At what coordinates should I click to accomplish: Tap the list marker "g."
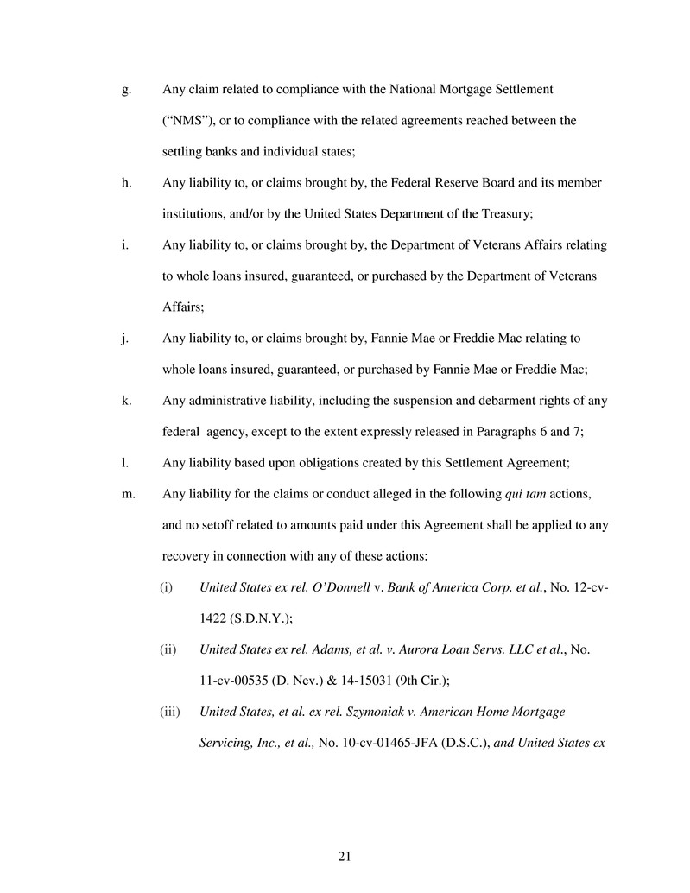pos(126,90)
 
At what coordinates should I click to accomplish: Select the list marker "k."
pos(126,400)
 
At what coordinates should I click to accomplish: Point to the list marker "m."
pos(128,493)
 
